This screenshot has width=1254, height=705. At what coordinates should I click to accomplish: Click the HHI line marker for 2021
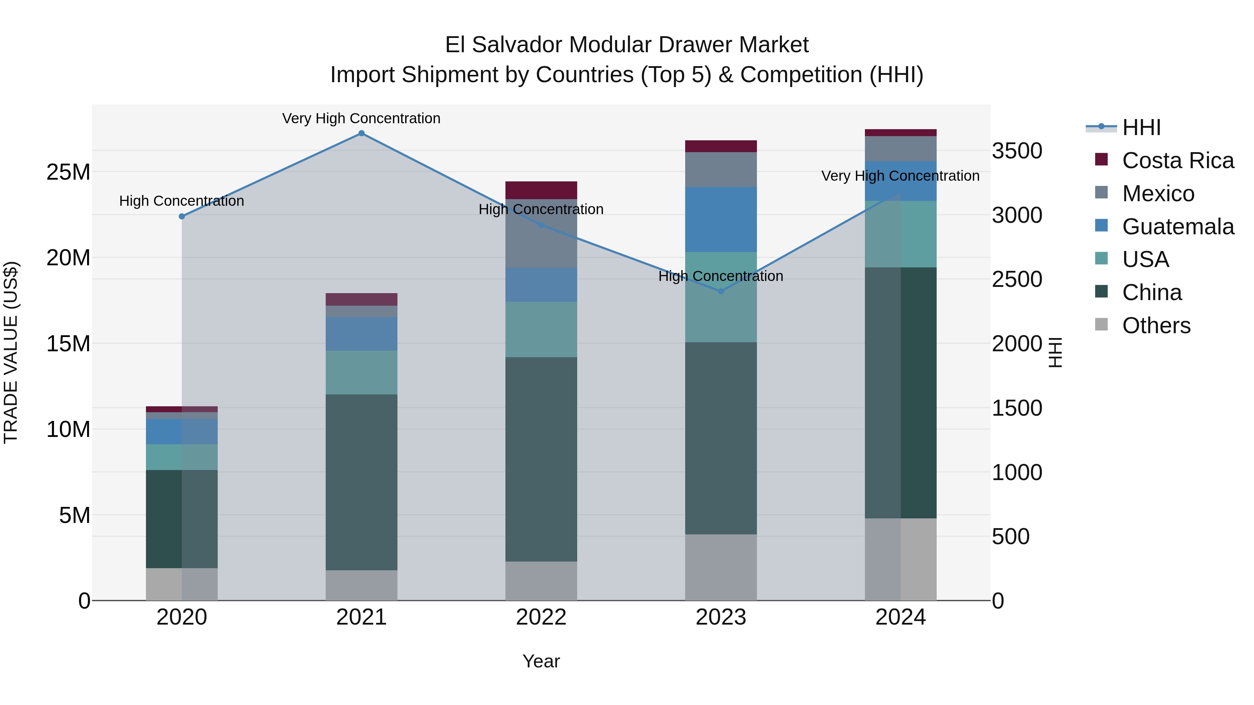pyautogui.click(x=361, y=133)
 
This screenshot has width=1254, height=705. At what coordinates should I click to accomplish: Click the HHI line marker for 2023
pyautogui.click(x=721, y=291)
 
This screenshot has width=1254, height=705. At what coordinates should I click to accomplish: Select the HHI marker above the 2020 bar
pyautogui.click(x=181, y=217)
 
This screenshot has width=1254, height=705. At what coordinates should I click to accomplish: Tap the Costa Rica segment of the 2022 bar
pyautogui.click(x=541, y=190)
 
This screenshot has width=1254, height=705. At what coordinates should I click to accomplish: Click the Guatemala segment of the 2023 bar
pyautogui.click(x=721, y=219)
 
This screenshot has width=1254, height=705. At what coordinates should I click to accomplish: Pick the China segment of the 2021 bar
pyautogui.click(x=361, y=482)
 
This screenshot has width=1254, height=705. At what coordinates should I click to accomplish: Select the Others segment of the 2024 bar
pyautogui.click(x=900, y=559)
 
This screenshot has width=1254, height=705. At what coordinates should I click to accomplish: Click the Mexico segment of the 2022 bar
pyautogui.click(x=541, y=234)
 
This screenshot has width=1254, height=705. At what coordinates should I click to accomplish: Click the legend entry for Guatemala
pyautogui.click(x=1178, y=227)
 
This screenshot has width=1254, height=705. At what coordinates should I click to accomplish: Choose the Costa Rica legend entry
pyautogui.click(x=1178, y=160)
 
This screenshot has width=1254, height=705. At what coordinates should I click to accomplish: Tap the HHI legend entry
pyautogui.click(x=1141, y=127)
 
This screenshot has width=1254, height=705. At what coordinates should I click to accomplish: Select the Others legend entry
pyautogui.click(x=1156, y=326)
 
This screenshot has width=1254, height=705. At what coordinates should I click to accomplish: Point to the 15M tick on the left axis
pyautogui.click(x=68, y=344)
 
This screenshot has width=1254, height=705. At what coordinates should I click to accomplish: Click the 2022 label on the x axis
pyautogui.click(x=541, y=617)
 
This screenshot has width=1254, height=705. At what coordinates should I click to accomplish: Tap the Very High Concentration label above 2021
pyautogui.click(x=361, y=118)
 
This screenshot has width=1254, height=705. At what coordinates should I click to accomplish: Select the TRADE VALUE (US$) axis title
pyautogui.click(x=11, y=352)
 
